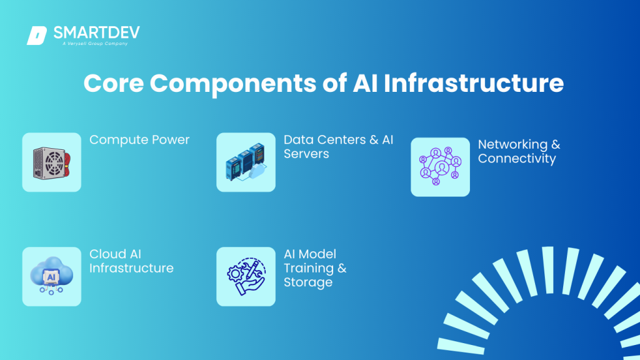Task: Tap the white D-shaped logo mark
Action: pyautogui.click(x=37, y=36)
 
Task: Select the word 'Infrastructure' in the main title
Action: pyautogui.click(x=473, y=83)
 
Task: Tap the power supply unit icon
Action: pyautogui.click(x=52, y=162)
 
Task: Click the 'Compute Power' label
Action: pyautogui.click(x=139, y=139)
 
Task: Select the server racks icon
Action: pyautogui.click(x=246, y=162)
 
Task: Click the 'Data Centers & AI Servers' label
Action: pyautogui.click(x=338, y=146)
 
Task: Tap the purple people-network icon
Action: pyautogui.click(x=440, y=167)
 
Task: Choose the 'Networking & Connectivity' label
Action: pyautogui.click(x=519, y=151)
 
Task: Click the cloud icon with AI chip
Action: pyautogui.click(x=52, y=276)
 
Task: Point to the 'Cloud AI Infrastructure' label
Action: pyautogui.click(x=131, y=261)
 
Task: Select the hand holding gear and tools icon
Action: pyautogui.click(x=246, y=276)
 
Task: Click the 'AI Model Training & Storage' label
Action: pyautogui.click(x=315, y=268)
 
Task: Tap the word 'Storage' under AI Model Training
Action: pyautogui.click(x=307, y=282)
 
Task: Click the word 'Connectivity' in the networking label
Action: pyautogui.click(x=517, y=159)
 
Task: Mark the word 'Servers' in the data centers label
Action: pyautogui.click(x=306, y=154)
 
